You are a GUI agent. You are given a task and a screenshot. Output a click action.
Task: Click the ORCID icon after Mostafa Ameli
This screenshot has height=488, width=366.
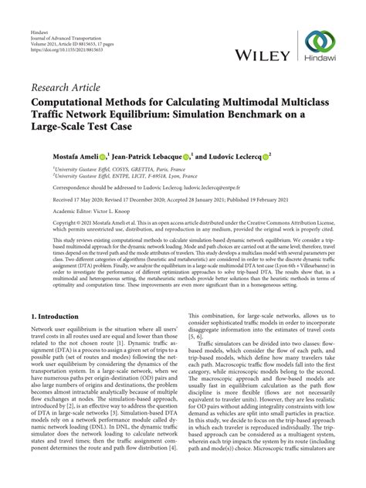coord(103,155)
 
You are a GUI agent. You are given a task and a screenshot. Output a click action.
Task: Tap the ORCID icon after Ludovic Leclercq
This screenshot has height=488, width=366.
coord(266,155)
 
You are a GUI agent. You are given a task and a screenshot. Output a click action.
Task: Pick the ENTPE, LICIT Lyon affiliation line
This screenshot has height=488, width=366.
coord(104,176)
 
